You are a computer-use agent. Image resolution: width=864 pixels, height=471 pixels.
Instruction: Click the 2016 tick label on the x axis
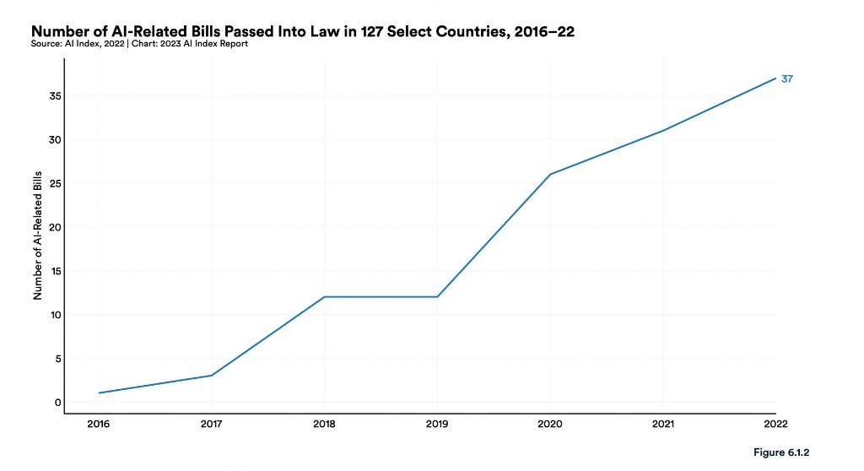tap(100, 425)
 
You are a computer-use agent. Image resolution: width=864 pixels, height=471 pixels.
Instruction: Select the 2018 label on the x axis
tap(325, 425)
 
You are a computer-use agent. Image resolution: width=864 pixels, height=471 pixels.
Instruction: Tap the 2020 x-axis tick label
tap(550, 425)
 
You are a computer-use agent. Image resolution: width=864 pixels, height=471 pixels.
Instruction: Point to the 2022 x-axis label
tap(775, 425)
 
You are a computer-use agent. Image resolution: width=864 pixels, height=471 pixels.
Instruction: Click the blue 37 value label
tap(786, 78)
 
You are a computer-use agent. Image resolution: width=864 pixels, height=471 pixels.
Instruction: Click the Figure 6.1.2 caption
tap(781, 453)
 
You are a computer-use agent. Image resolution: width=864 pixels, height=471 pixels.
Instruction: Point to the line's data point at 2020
tap(550, 174)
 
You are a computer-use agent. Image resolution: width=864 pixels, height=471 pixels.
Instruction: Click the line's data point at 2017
tap(212, 376)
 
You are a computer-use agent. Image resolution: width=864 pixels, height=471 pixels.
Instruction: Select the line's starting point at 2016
tap(100, 392)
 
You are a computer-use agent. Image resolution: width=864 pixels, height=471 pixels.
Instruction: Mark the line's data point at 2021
tap(663, 131)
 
